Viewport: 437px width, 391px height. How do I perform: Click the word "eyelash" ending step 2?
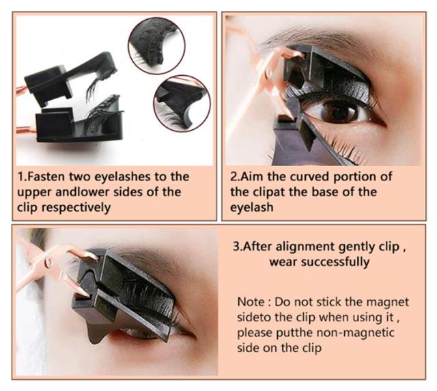tap(252, 208)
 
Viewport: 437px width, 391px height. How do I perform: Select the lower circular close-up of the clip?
tap(182, 103)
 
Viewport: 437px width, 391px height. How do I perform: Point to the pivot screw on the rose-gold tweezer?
tap(49, 262)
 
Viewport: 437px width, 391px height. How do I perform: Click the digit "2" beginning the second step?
tap(234, 176)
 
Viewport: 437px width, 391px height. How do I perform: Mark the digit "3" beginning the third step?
tap(236, 247)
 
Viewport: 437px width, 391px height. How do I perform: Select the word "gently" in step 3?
tap(356, 247)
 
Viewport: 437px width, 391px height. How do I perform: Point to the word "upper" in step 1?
tap(34, 193)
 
